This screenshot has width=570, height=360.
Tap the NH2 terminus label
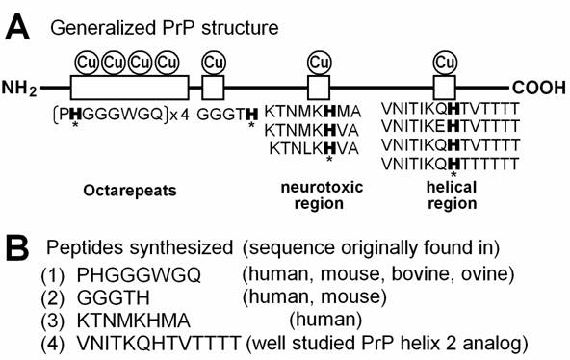20,90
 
